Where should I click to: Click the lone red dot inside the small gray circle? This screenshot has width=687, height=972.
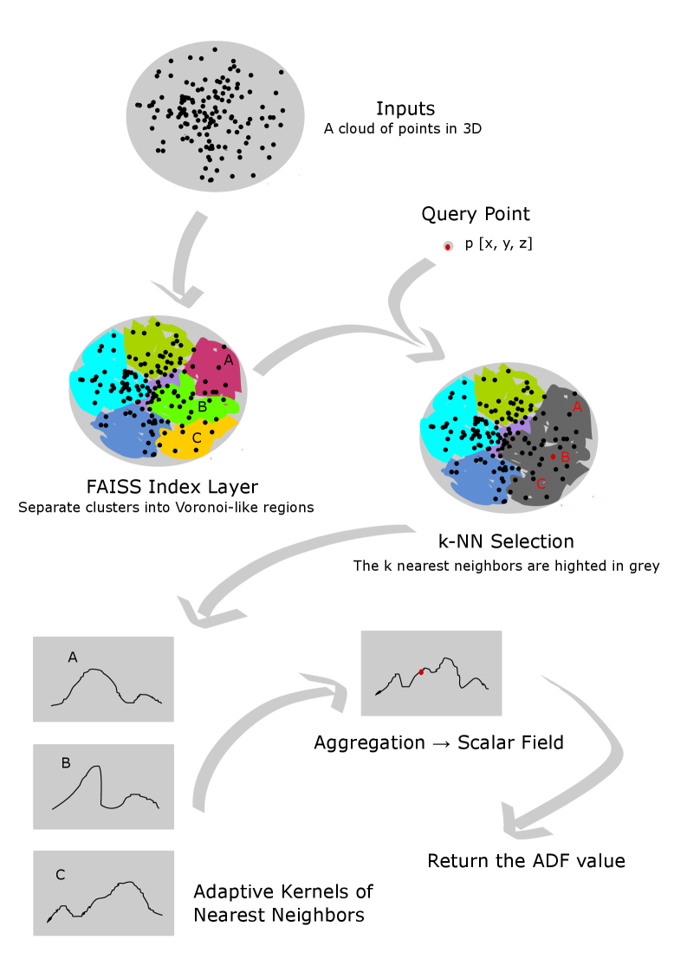(x=448, y=247)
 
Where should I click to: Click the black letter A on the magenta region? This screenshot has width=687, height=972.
(x=229, y=360)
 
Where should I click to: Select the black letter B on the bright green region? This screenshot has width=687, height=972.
(x=201, y=406)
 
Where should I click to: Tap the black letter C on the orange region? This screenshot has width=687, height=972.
(x=197, y=438)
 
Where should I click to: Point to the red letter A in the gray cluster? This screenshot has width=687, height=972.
(x=577, y=406)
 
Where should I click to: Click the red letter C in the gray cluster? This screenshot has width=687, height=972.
(x=541, y=484)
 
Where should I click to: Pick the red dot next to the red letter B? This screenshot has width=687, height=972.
(x=554, y=457)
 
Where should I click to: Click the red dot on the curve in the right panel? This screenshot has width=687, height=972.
(x=421, y=671)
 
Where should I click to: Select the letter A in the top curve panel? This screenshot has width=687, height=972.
(x=73, y=658)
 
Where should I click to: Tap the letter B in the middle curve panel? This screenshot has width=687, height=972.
(x=66, y=763)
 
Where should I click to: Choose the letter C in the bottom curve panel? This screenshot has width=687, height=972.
(x=60, y=875)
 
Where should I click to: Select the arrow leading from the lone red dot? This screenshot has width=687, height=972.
(x=404, y=299)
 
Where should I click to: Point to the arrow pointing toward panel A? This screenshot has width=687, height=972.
(x=277, y=563)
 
